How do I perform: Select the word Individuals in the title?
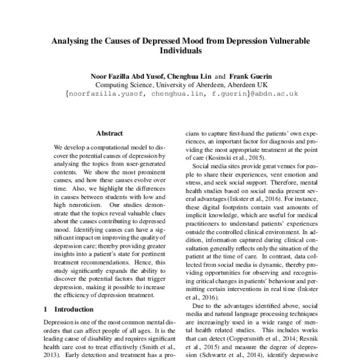(179, 52)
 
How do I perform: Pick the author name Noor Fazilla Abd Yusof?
(121, 76)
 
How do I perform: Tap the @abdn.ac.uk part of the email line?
(268, 94)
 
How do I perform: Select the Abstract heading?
(109, 133)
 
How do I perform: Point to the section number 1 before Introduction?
(47, 310)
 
